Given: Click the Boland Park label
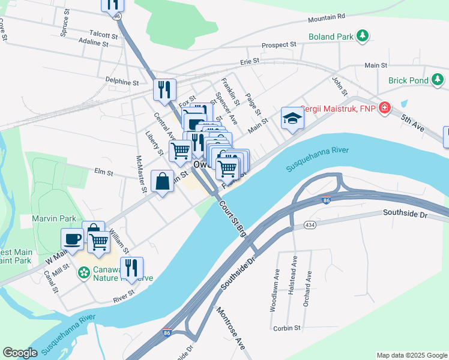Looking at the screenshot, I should [x=330, y=37].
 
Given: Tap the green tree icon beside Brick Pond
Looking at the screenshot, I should [x=438, y=79].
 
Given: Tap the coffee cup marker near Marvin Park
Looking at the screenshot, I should [x=72, y=239].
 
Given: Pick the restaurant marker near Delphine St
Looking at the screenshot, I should [x=164, y=89].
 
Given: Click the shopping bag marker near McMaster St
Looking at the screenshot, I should [x=163, y=181].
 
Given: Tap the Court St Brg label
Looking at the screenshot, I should [x=232, y=220].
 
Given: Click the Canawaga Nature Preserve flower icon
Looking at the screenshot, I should [x=83, y=273].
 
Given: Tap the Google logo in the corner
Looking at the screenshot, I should [x=20, y=353].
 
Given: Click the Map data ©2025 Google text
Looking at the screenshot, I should [x=411, y=355].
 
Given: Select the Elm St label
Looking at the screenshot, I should [x=104, y=172].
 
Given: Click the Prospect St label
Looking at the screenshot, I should [x=280, y=44].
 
